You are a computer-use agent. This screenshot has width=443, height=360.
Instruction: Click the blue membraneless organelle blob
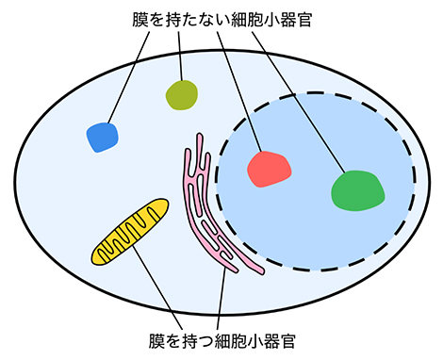[x=103, y=138]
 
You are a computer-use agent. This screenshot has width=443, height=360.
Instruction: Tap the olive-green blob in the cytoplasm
[x=182, y=95]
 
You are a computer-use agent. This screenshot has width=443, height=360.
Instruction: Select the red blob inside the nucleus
[x=269, y=168]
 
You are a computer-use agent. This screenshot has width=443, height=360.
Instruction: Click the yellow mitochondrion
[x=130, y=232]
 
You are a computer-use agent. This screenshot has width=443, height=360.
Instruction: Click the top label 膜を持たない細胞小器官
[x=221, y=18]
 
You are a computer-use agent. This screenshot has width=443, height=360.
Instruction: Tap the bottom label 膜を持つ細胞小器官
[x=222, y=336]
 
